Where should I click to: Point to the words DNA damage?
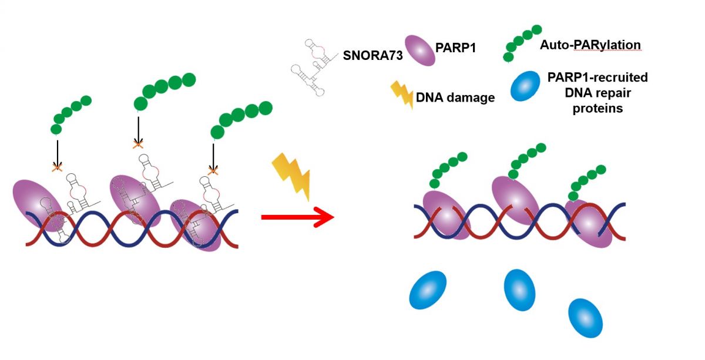click(x=455, y=97)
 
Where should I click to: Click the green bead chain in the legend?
click(x=521, y=42)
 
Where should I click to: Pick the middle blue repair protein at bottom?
click(x=520, y=290)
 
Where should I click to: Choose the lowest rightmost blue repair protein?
click(x=586, y=318)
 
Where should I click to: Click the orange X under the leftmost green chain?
click(x=57, y=168)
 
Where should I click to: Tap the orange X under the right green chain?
click(x=214, y=170)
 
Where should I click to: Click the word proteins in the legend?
click(x=597, y=108)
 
